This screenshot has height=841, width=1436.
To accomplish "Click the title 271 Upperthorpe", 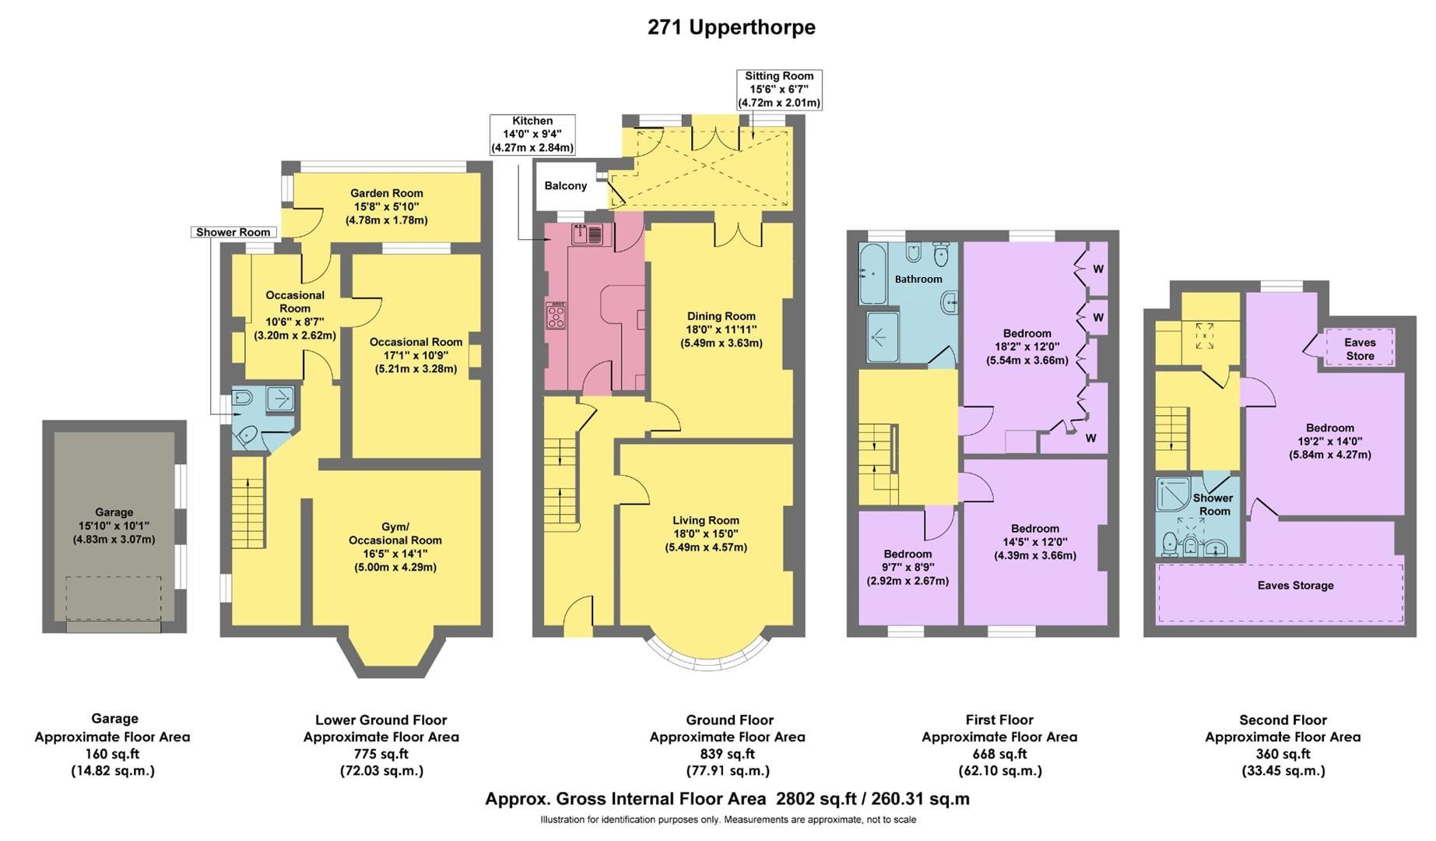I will [731, 27].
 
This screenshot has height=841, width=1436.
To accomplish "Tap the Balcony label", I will [565, 185].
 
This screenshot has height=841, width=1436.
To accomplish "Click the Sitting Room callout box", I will [779, 90].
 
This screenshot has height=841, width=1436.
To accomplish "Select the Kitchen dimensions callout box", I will [532, 135].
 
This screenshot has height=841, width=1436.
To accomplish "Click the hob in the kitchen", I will [556, 315].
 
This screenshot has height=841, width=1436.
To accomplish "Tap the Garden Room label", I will [386, 193].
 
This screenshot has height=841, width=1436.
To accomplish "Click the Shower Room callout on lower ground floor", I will [233, 232].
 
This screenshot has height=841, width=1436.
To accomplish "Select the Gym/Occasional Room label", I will [395, 533].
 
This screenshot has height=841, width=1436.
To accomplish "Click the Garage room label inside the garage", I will [114, 512].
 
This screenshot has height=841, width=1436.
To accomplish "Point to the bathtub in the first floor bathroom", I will [872, 274].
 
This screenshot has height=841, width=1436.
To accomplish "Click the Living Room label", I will [705, 520].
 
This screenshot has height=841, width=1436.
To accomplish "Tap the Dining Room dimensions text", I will [721, 336].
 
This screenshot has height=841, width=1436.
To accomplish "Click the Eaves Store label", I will [1360, 349].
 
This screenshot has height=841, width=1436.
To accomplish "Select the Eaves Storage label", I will [1295, 585].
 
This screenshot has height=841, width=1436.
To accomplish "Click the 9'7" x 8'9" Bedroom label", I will [908, 567].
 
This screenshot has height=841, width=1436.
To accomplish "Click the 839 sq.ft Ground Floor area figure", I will [727, 754].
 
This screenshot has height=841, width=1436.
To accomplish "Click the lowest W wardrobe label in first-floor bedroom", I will [1090, 438].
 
